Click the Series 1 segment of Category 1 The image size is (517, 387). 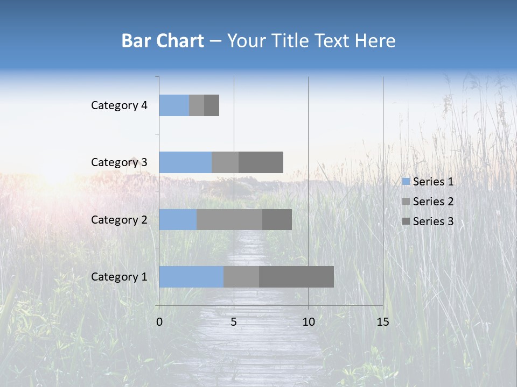(x=191, y=277)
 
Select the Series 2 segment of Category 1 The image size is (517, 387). (x=241, y=277)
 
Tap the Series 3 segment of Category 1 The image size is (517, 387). (x=296, y=277)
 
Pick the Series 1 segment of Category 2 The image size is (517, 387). (x=178, y=219)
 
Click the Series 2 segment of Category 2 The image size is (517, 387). (x=229, y=219)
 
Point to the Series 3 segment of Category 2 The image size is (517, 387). (x=277, y=219)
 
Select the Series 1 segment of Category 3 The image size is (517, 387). (x=185, y=162)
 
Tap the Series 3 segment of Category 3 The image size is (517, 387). (x=261, y=162)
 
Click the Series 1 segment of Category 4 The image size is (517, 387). (x=174, y=105)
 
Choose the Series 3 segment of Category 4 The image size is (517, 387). (x=212, y=105)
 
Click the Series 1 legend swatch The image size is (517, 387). (x=406, y=182)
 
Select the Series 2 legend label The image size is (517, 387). (x=433, y=202)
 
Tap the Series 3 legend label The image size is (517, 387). (x=433, y=221)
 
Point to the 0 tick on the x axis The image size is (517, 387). (x=159, y=322)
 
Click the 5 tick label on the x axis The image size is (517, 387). (x=234, y=322)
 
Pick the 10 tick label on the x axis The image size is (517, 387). (x=308, y=322)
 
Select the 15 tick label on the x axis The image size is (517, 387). (x=382, y=322)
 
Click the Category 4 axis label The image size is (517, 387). (x=119, y=105)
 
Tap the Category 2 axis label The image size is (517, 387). (x=119, y=219)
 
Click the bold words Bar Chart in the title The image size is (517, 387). (x=163, y=41)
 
